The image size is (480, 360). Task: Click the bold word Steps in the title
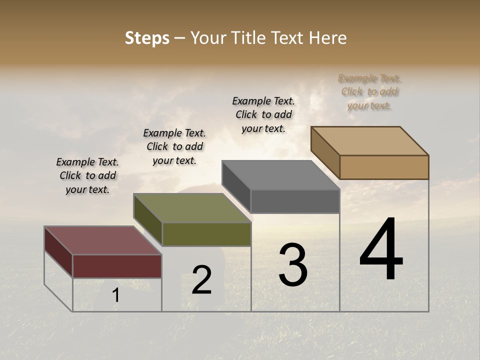147,38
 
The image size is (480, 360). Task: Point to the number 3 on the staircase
293,265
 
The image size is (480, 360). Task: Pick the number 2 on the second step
202,280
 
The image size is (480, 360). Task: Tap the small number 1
116,295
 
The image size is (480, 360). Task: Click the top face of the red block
102,240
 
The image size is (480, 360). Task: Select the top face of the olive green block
192,208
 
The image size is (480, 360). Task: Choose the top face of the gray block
280,175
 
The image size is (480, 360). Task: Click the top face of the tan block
369,141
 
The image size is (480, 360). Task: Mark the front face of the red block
117,266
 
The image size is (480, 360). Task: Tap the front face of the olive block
206,234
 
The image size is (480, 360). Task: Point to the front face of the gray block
295,201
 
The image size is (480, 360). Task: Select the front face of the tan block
384,167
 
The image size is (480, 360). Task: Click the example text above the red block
87,175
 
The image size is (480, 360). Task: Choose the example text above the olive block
174,146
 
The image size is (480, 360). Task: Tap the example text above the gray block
263,114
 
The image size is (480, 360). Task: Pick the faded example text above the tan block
369,91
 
